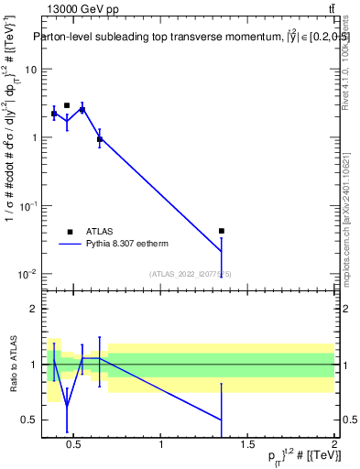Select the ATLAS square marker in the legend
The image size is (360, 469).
(x=68, y=232)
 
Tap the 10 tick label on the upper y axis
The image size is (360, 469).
(x=30, y=70)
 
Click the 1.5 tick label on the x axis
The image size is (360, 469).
(x=247, y=445)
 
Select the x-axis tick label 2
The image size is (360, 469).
(x=333, y=445)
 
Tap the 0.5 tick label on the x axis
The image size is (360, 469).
(x=77, y=445)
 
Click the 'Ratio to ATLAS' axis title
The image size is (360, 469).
(x=12, y=365)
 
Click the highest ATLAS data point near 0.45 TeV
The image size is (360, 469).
(x=67, y=105)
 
